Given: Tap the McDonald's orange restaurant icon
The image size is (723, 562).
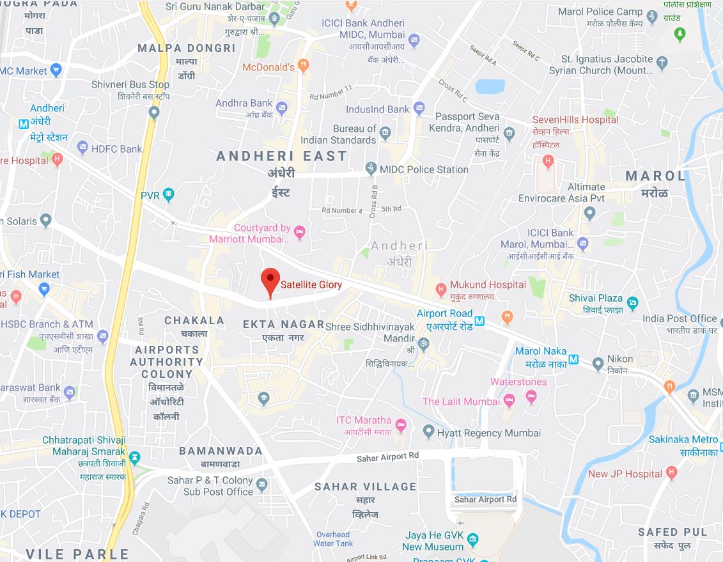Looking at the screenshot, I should coord(304,65).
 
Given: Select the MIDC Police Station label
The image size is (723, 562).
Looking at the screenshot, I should coord(424,169).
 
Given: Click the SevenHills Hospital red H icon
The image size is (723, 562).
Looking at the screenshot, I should coord(547,160).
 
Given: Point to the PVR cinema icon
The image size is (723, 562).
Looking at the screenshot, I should coord(168,194).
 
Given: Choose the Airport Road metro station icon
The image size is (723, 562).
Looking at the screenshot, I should coord(479,320).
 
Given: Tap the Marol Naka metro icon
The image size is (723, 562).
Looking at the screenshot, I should coord(573,359).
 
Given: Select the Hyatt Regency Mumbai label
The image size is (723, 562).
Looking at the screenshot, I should coord(489,433).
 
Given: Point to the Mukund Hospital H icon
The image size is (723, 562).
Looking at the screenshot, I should coord(440,290).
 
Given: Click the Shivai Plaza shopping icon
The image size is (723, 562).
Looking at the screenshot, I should coord(633,302).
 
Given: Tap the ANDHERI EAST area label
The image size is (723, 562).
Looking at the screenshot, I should coord(281,156).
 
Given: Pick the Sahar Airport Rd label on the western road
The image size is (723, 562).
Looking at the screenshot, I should coord(387,455).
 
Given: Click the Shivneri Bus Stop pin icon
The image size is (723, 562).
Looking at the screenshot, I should coord(153,113).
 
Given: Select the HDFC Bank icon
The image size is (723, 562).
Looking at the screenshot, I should coord(82,148).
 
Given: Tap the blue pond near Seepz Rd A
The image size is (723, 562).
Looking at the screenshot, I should coord(490,86).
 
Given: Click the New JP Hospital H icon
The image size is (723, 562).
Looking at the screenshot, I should coord(671,473).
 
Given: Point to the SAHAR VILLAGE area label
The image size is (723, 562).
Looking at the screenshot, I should coord(365,487).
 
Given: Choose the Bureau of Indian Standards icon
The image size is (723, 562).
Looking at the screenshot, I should coord(385,134).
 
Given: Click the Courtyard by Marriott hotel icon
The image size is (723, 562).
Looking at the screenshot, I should coord(300,232).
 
